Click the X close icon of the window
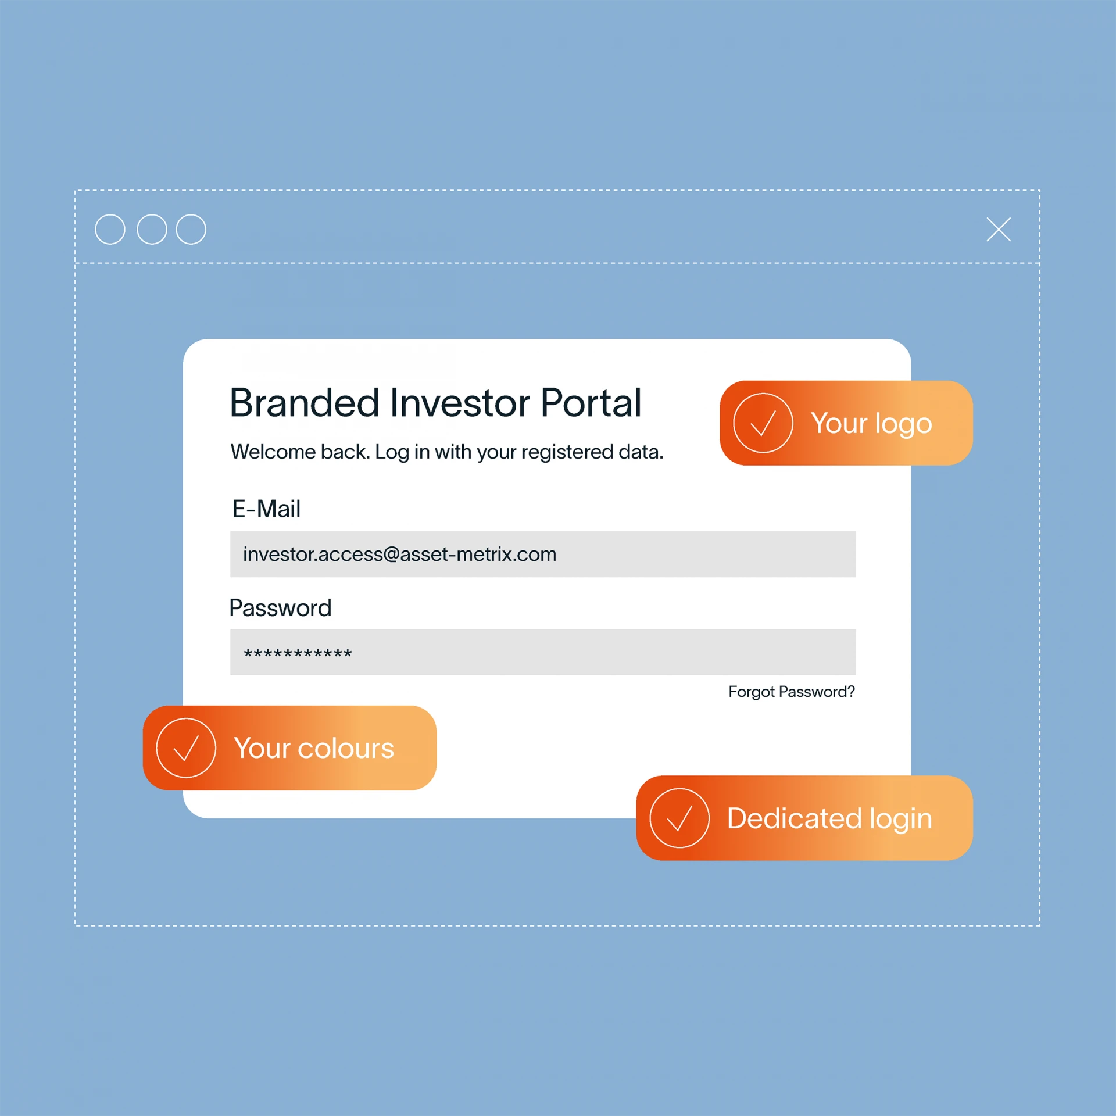[x=999, y=229]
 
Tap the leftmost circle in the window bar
[x=110, y=229]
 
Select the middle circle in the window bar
[x=152, y=229]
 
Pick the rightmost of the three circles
[x=191, y=229]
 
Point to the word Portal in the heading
[x=591, y=402]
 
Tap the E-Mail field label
[x=266, y=509]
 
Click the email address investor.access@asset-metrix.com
[x=400, y=555]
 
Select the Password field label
[x=280, y=608]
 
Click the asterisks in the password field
[x=298, y=654]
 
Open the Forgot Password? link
[x=792, y=692]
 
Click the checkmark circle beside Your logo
[x=763, y=423]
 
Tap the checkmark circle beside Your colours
[x=186, y=748]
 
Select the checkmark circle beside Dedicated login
[x=679, y=818]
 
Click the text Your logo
[x=871, y=424]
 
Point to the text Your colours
[x=314, y=748]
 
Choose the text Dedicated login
[x=829, y=819]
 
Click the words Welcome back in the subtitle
[x=300, y=452]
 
